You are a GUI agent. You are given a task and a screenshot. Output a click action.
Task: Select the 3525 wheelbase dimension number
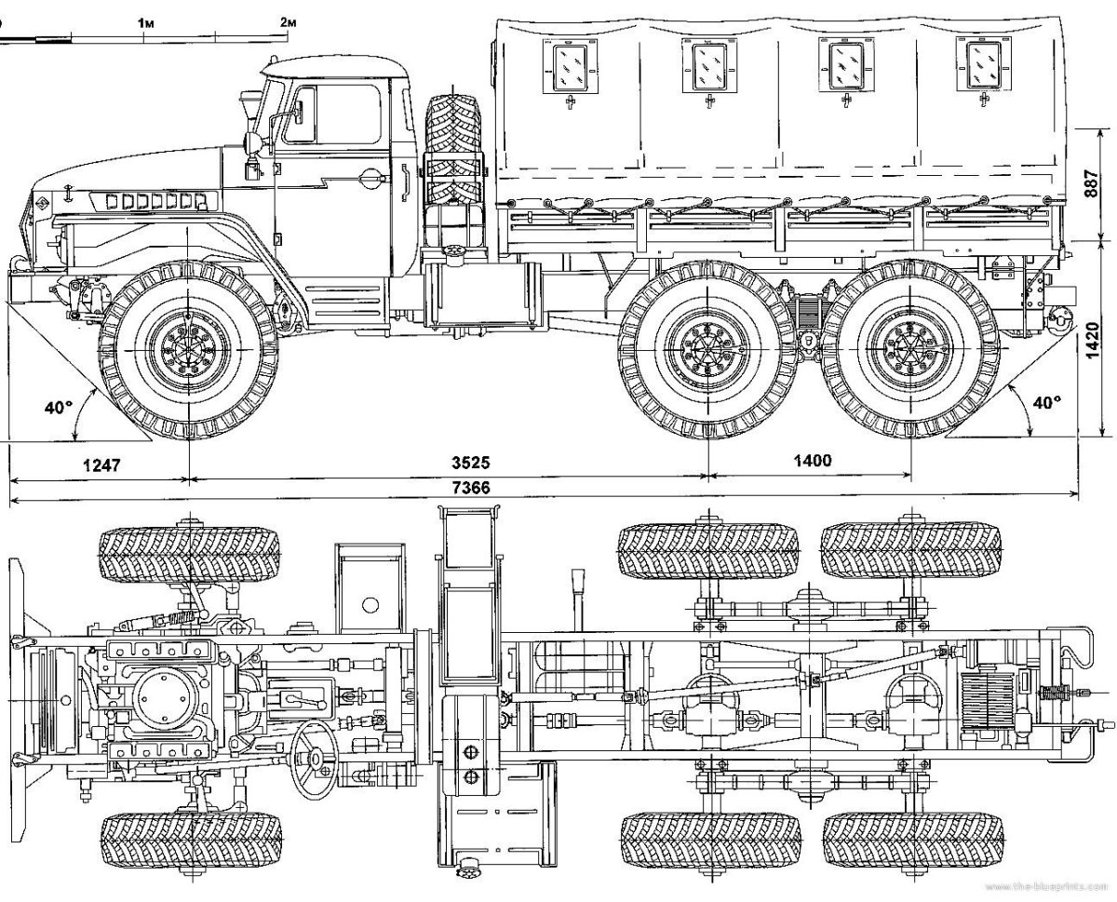[x=470, y=463]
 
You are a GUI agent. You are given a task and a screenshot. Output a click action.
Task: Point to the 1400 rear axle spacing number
[x=812, y=460]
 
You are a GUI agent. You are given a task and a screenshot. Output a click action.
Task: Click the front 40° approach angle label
[x=58, y=407]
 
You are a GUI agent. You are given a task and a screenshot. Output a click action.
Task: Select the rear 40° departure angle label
[x=1046, y=402]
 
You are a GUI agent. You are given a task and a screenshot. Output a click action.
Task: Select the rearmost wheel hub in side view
[x=910, y=349]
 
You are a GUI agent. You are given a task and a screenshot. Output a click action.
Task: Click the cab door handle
[x=372, y=175]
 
